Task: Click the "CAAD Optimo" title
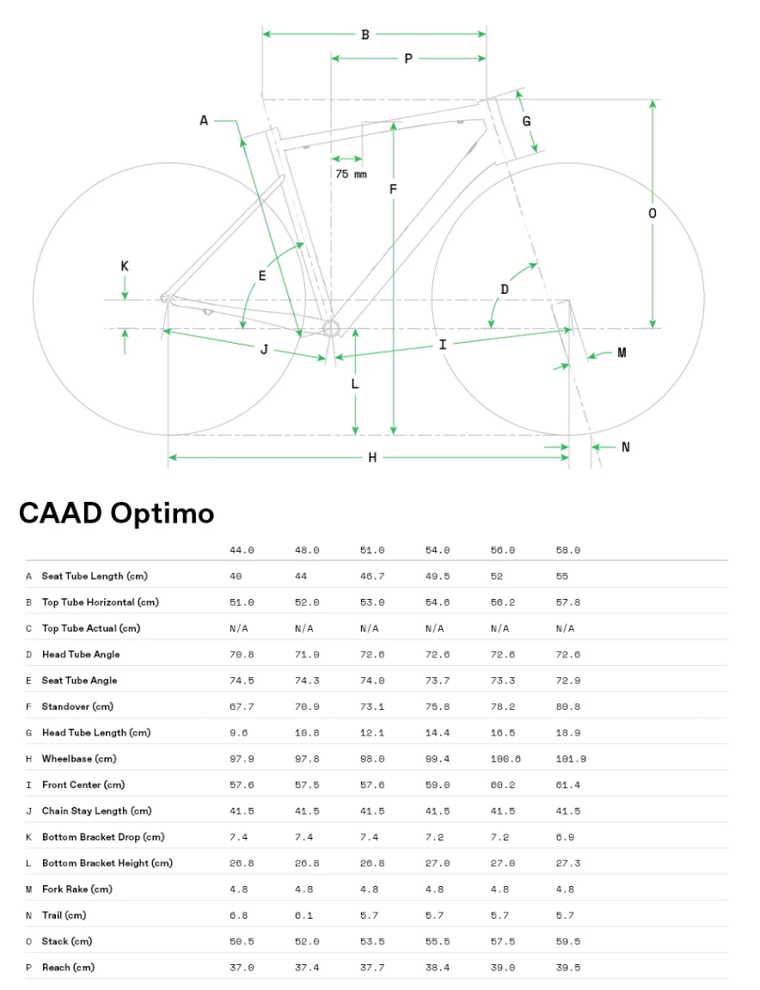pos(116,513)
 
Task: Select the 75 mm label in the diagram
pos(351,174)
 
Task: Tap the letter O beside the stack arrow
pos(653,213)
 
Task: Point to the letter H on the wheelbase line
pos(372,457)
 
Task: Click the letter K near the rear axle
pos(125,266)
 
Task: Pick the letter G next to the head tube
pos(526,121)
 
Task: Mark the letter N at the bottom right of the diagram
pos(625,447)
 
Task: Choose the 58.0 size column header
pos(568,550)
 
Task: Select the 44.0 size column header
pos(242,550)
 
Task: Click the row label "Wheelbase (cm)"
pos(83,759)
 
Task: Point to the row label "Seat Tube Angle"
pos(79,681)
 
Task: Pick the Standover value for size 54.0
pos(438,706)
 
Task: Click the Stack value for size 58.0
pos(568,941)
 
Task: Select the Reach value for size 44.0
pos(242,968)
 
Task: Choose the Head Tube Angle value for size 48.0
pos(307,654)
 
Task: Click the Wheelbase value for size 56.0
pos(506,759)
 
